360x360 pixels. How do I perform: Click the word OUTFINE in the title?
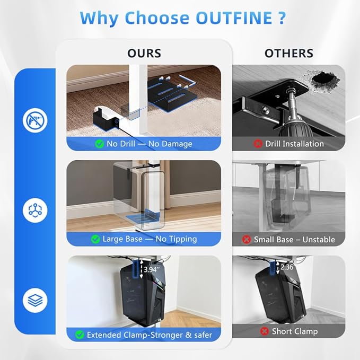(x=234, y=17)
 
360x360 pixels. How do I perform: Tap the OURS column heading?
(x=144, y=53)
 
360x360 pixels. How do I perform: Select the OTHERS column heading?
(x=289, y=53)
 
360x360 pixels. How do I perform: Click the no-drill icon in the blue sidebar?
(x=35, y=120)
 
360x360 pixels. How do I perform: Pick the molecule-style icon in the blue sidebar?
(x=35, y=210)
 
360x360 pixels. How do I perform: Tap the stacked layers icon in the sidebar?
(x=35, y=300)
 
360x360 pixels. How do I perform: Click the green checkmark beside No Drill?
(x=100, y=144)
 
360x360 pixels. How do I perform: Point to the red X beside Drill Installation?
(x=258, y=144)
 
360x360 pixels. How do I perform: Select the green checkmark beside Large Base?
(x=95, y=239)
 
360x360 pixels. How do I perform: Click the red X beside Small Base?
(x=247, y=240)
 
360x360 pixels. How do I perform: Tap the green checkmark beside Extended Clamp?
(x=80, y=335)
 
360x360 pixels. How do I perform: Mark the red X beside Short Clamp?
(x=264, y=331)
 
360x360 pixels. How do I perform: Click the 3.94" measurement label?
(x=151, y=269)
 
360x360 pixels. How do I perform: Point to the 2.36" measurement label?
(x=287, y=267)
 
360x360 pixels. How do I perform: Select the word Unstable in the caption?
(x=319, y=240)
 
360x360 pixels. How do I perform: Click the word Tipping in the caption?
(x=176, y=239)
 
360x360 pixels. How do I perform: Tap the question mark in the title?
(x=282, y=17)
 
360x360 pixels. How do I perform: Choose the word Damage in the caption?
(x=176, y=144)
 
